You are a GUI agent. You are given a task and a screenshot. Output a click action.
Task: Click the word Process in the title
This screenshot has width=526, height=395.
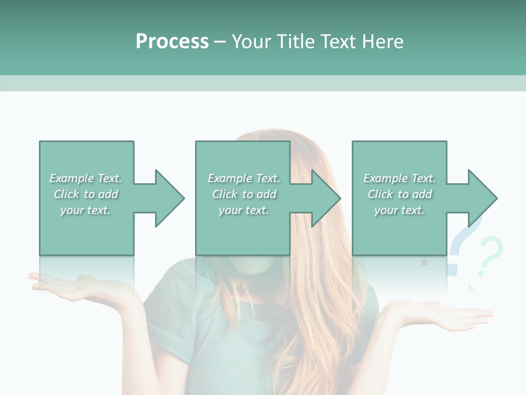172,42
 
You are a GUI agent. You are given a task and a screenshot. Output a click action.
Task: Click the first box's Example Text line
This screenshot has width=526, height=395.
85,178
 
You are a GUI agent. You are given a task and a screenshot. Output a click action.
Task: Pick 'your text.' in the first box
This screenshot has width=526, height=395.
85,210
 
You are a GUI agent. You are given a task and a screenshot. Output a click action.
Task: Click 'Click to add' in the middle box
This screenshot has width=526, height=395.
244,194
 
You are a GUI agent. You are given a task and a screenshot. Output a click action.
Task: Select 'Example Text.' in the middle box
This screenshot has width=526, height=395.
244,178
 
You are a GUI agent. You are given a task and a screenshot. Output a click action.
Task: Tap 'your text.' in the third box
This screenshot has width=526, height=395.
399,210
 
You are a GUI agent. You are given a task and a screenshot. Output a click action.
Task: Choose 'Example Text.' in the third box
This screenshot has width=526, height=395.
399,178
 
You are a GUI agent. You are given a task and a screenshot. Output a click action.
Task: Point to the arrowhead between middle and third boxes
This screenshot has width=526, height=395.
324,198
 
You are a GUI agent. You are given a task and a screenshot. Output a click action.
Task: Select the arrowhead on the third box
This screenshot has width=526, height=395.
481,198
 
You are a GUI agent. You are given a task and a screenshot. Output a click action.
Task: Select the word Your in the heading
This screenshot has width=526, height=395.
251,42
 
